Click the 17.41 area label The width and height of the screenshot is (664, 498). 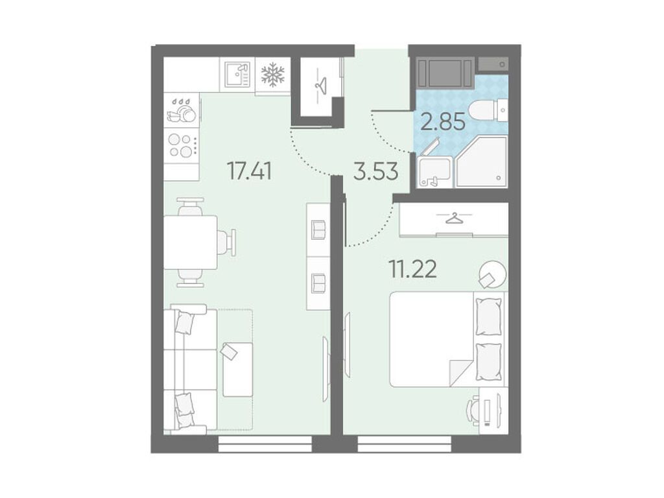coord(249,171)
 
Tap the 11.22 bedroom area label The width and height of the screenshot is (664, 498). coord(412,268)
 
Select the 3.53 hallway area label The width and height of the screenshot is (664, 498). coord(376,171)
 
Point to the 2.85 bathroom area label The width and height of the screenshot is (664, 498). coord(443,121)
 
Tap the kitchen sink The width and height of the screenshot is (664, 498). coord(237,74)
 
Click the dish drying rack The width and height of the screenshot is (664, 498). coord(183,112)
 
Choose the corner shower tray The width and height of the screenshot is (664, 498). coord(482,161)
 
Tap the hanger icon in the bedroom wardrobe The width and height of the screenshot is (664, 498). coord(453,218)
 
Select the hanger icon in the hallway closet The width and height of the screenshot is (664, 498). coord(320,86)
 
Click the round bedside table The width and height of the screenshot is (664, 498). coord(492,274)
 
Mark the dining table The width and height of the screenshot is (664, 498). coord(191,243)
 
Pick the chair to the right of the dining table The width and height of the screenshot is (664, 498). coord(228,243)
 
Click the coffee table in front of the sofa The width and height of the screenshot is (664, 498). coord(237,370)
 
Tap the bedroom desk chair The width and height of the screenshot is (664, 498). coord(473,410)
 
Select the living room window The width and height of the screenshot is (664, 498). coord(265,444)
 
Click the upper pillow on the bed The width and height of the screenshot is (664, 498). coord(489,316)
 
